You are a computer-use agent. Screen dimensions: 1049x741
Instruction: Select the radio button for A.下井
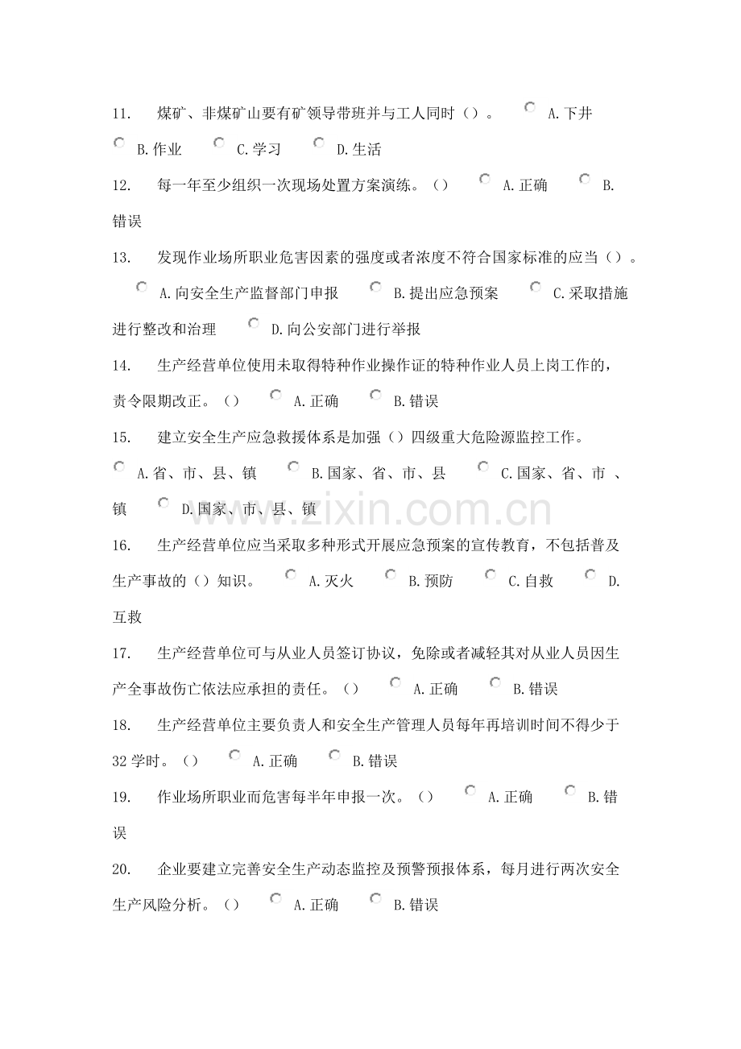[x=530, y=107]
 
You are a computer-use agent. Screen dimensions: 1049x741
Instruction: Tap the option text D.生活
[x=358, y=149]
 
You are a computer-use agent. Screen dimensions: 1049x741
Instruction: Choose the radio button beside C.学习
[x=219, y=143]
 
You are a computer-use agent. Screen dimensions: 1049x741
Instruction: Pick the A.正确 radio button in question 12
[x=485, y=179]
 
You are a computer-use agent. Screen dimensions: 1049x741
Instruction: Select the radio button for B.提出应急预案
[x=375, y=287]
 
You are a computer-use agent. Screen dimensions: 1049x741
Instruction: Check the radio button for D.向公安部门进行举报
[x=254, y=323]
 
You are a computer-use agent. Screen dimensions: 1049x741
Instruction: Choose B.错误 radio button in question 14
[x=375, y=395]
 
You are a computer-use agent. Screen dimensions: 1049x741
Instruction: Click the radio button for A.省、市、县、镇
[x=119, y=466]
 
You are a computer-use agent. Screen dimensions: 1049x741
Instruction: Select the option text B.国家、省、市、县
[x=378, y=474]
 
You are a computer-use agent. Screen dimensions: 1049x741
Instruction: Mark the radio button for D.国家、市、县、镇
[x=164, y=503]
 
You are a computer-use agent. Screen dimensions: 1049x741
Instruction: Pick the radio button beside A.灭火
[x=291, y=574]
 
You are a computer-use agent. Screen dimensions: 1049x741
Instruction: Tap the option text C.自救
[x=530, y=581]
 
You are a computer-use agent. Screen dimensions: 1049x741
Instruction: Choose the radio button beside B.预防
[x=391, y=574]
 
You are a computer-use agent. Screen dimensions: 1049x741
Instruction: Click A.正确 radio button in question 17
[x=395, y=682]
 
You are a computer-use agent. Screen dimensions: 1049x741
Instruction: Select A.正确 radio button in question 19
[x=470, y=790]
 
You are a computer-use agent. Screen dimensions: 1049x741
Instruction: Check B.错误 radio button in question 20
[x=375, y=898]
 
